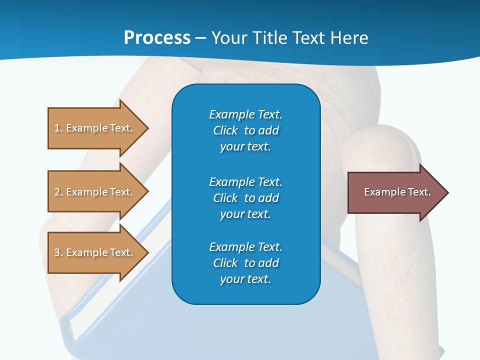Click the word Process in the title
[157, 38]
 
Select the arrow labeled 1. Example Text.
[95, 128]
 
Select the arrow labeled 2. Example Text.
[95, 192]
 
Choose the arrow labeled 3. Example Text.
[95, 252]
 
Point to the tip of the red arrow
[447, 192]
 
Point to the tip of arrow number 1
[147, 128]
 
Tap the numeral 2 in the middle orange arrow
[57, 192]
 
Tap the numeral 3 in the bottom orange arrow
[57, 252]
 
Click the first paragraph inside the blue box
[245, 130]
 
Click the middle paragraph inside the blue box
[245, 197]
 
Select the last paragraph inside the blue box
[245, 263]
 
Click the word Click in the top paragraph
[225, 130]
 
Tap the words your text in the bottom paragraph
[245, 279]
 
